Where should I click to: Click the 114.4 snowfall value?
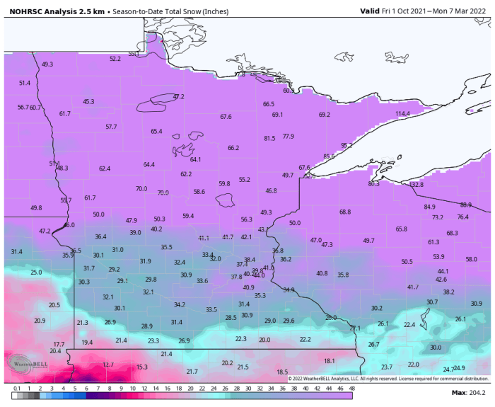[x=402, y=114]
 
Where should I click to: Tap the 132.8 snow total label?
[x=417, y=185]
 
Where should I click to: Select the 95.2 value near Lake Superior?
[x=346, y=145]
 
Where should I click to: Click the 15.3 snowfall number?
[x=141, y=367]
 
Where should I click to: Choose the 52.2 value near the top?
[x=115, y=59]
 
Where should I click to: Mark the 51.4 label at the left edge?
[x=25, y=83]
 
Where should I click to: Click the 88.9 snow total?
[x=465, y=205]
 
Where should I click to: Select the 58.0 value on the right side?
[x=471, y=259]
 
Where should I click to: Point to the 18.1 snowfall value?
[x=330, y=361]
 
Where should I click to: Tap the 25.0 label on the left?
[x=36, y=272]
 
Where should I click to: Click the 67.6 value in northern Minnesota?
[x=226, y=117]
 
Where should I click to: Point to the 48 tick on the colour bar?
[x=351, y=388]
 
